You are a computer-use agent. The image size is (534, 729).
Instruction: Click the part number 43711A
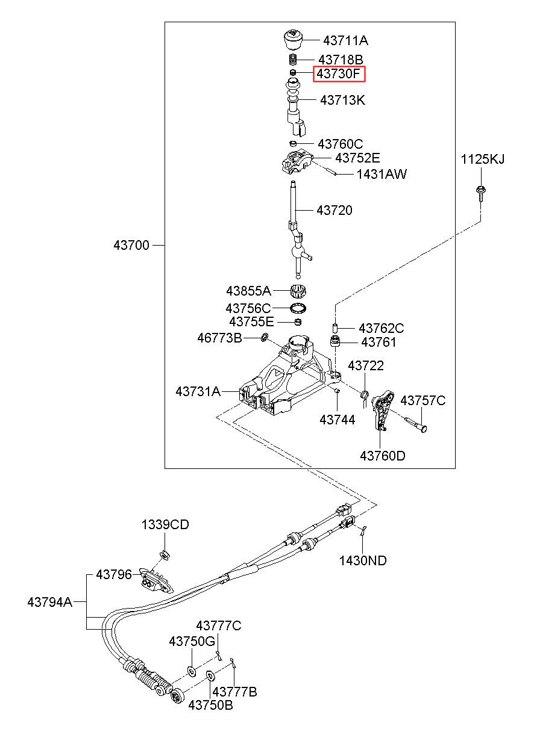click(x=345, y=41)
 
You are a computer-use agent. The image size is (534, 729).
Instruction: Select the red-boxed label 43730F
click(x=339, y=74)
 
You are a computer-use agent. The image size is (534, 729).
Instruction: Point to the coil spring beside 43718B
click(x=294, y=60)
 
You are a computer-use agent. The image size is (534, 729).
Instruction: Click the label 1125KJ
click(x=482, y=160)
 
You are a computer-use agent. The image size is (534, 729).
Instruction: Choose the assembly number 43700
click(x=131, y=245)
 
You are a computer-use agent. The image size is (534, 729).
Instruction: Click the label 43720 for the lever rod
click(x=335, y=210)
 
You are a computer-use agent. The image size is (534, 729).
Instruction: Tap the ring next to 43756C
click(x=298, y=308)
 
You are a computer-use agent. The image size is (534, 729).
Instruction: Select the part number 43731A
click(x=198, y=391)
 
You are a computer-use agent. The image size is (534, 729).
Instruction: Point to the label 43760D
click(x=383, y=456)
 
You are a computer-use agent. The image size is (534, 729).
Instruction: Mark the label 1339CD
click(x=165, y=524)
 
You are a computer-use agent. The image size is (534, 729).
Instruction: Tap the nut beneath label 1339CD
click(x=165, y=554)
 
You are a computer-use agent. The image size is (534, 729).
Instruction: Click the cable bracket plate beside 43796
click(x=156, y=581)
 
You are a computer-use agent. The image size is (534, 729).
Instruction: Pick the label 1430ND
click(x=363, y=560)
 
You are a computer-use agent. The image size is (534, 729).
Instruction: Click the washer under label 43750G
click(x=191, y=671)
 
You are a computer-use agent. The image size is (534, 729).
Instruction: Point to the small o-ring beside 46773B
click(x=265, y=337)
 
